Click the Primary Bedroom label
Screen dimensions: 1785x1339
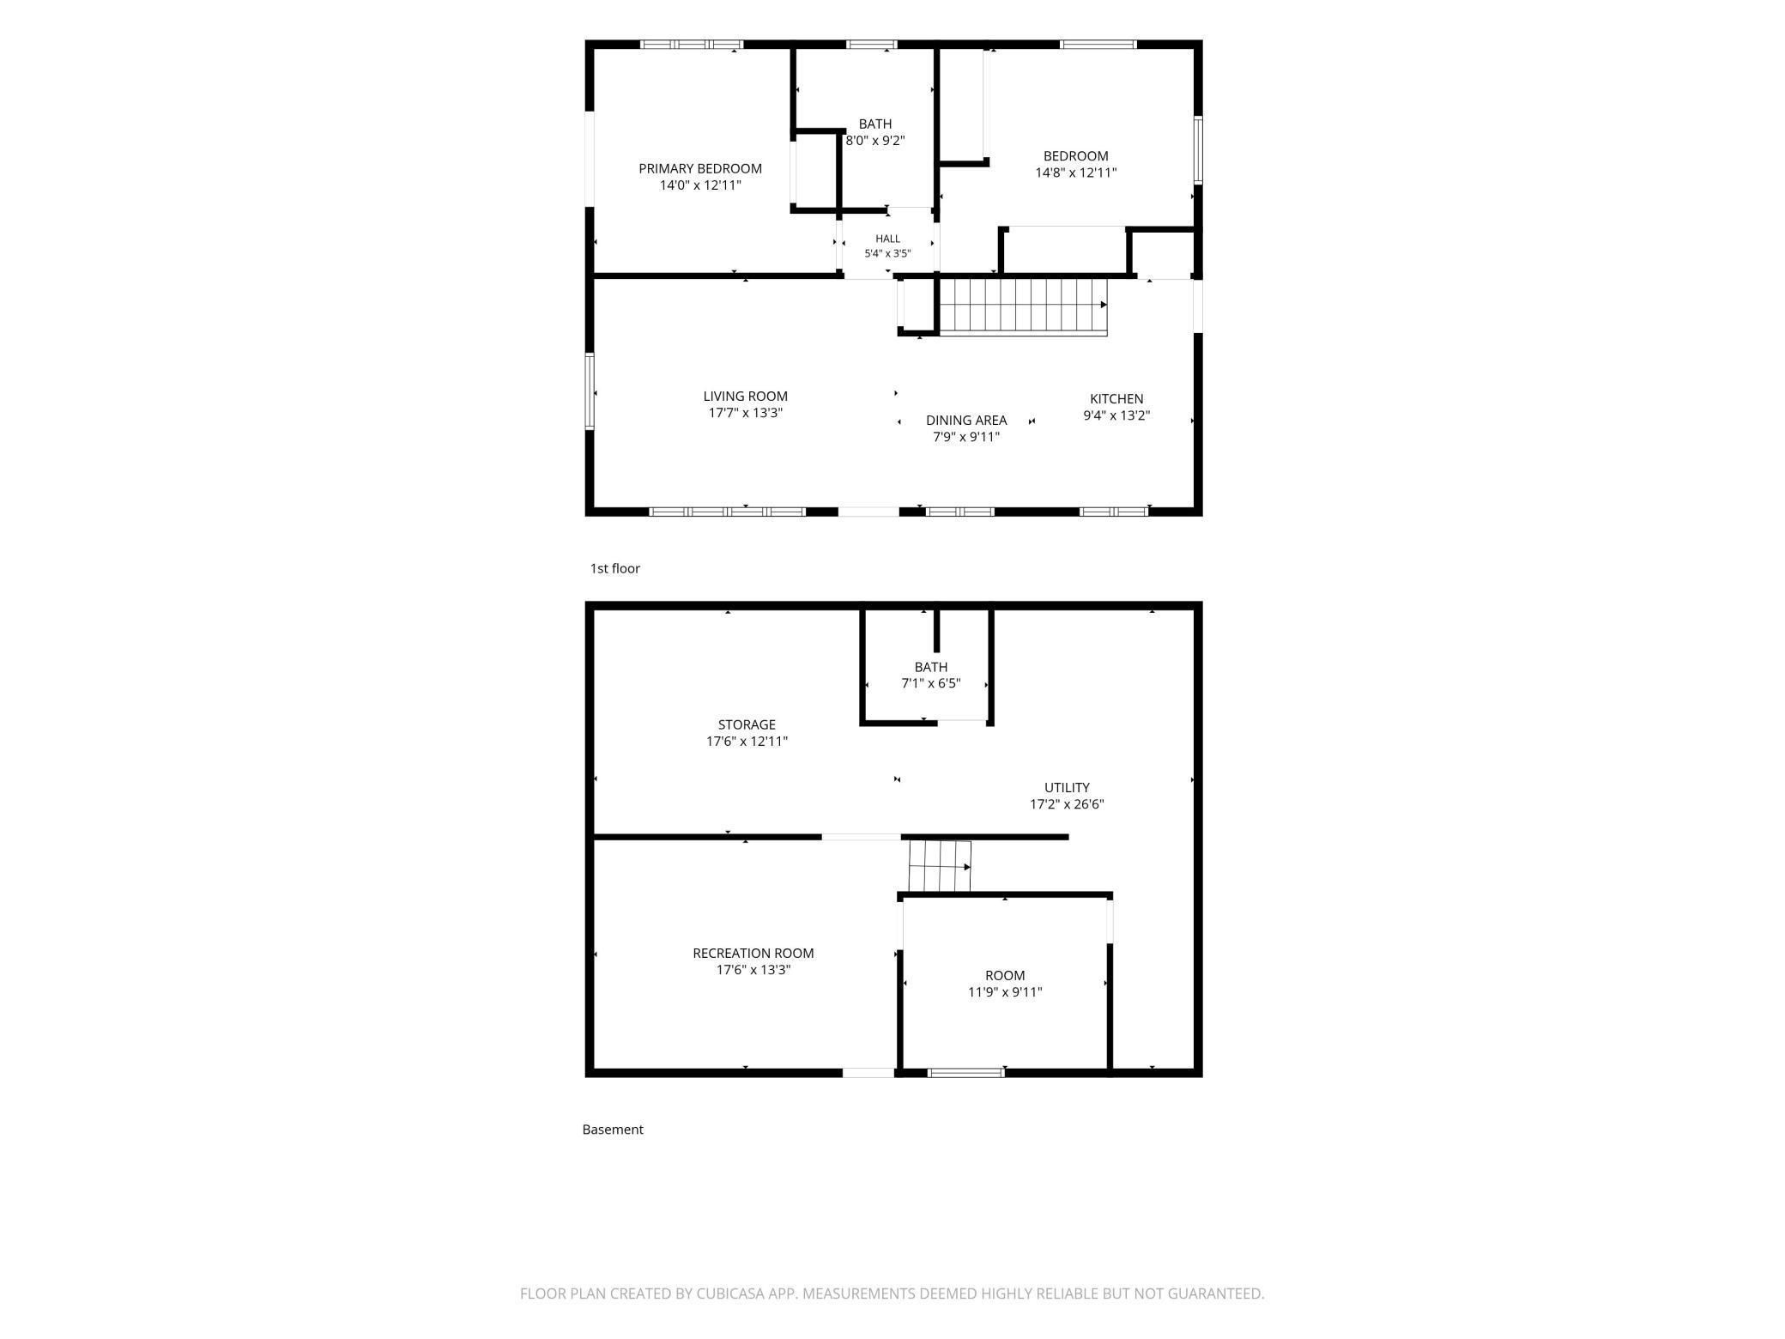coord(700,168)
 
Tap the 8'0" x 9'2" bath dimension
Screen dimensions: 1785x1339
coord(875,141)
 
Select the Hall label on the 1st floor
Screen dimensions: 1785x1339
coord(888,239)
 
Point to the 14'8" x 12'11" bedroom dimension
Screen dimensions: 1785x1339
coord(1076,173)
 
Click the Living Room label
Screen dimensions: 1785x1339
coord(746,396)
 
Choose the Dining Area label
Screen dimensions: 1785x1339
coord(966,420)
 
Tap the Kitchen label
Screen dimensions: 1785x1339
coord(1116,398)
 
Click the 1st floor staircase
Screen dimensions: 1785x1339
coord(1023,306)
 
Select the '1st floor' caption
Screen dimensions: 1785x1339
coord(615,568)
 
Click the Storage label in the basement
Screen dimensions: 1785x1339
coord(747,724)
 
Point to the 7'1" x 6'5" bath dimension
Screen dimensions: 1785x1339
coord(931,684)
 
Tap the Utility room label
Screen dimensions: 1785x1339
coord(1067,787)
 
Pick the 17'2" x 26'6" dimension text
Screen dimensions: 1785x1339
coord(1067,804)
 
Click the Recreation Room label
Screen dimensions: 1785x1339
coord(753,953)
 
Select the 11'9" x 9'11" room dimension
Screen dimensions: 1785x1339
coord(1005,992)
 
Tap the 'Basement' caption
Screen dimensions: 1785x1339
coord(613,1130)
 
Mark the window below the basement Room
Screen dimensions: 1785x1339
coord(966,1073)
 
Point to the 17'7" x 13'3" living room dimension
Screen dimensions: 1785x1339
coord(746,413)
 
